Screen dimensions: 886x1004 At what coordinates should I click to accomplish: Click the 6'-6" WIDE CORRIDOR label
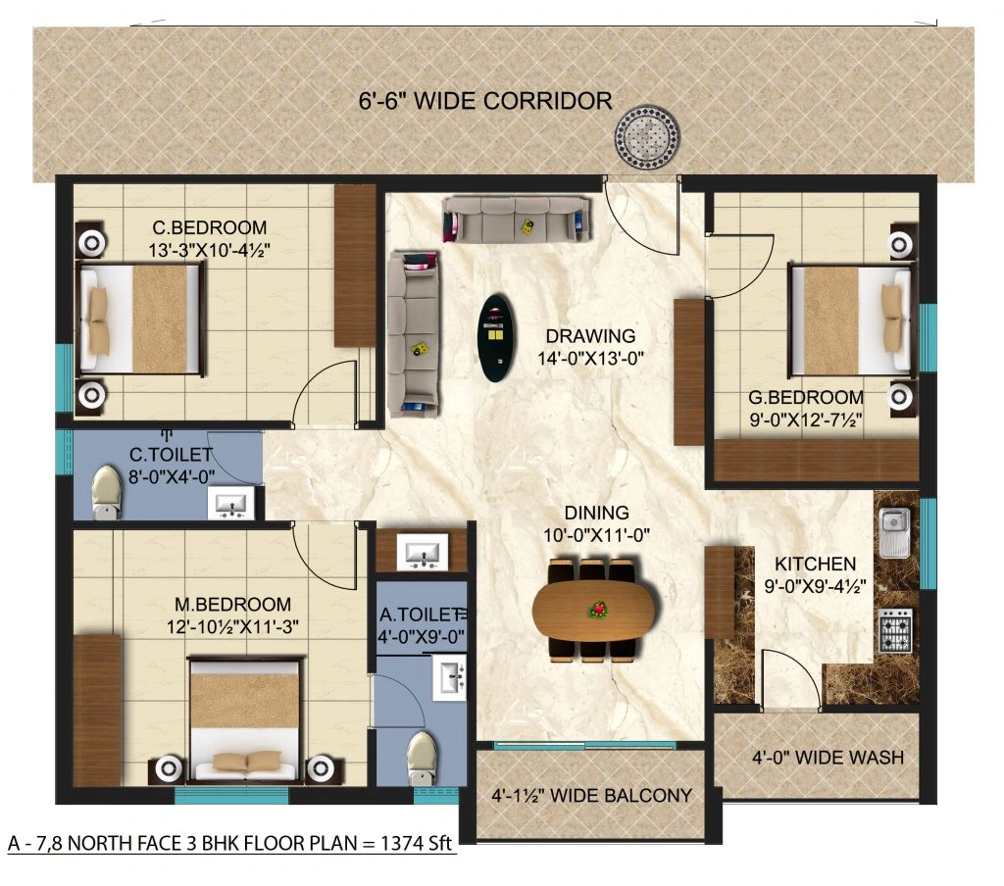484,100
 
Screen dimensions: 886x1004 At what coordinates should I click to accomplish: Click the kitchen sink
894,532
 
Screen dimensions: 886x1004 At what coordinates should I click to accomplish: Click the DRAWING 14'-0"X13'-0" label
591,347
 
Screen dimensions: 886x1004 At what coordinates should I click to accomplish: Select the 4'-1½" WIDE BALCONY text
591,796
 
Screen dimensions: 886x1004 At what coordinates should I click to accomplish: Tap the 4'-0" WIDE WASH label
828,758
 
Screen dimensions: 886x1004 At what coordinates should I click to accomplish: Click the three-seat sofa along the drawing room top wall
517,219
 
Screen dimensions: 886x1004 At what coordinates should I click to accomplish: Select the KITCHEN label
815,565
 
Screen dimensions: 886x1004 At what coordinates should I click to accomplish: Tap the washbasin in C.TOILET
231,504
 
